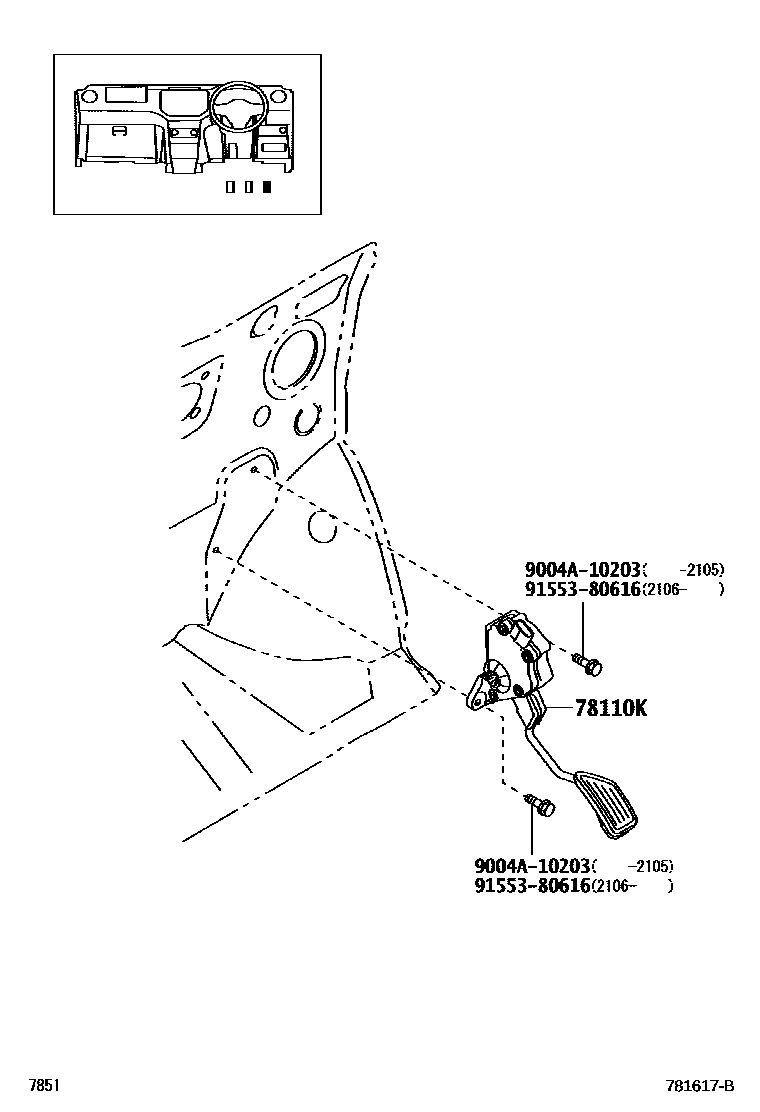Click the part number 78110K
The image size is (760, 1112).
[x=610, y=709]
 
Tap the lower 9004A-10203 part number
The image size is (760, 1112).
[x=534, y=866]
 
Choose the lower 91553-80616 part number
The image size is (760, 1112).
[x=534, y=886]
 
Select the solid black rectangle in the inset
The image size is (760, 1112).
[x=266, y=186]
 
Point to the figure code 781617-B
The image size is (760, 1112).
[x=700, y=1086]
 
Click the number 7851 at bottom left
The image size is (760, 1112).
[x=44, y=1086]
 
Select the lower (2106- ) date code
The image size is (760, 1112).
[x=632, y=886]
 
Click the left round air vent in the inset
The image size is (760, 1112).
[x=88, y=97]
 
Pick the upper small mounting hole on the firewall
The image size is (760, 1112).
[x=256, y=469]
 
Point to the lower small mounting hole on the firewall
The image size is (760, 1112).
[x=217, y=550]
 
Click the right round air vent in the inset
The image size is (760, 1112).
[x=281, y=97]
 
